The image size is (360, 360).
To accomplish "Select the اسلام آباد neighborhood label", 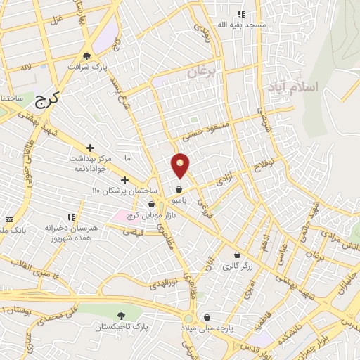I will tap(293, 86).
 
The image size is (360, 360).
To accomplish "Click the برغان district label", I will tap(203, 72).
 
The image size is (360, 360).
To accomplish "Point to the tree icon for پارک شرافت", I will tap(87, 56).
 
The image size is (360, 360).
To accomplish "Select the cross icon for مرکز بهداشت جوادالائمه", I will tap(90, 148).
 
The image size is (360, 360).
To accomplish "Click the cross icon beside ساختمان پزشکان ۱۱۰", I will tap(125, 180).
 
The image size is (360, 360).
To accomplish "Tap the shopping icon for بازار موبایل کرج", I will tap(152, 203).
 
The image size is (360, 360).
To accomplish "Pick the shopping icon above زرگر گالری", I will tap(237, 255).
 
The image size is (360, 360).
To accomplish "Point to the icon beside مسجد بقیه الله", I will tap(241, 13).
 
